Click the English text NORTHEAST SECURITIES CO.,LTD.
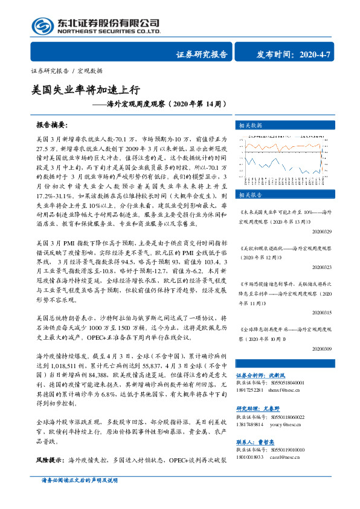[109, 31]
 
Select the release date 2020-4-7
[313, 54]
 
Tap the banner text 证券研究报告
[202, 54]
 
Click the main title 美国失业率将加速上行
[86, 90]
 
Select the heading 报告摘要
[51, 126]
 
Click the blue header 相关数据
[249, 126]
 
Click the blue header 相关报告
[249, 195]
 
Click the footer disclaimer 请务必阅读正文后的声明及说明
[79, 496]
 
